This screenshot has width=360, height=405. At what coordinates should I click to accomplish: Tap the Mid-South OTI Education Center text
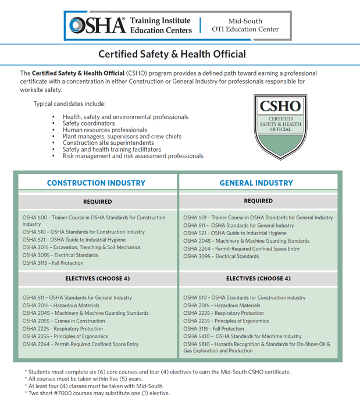tap(245, 25)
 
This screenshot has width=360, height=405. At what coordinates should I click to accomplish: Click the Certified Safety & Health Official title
tap(172, 55)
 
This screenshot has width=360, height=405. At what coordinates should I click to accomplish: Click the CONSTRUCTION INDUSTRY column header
tap(96, 183)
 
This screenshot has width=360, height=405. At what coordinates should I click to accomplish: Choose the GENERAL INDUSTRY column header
tap(256, 183)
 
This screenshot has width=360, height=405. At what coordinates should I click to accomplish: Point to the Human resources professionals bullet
tap(105, 130)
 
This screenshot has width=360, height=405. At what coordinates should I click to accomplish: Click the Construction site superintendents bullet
tap(108, 143)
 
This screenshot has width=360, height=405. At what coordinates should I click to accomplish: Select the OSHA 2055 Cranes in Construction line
tap(64, 321)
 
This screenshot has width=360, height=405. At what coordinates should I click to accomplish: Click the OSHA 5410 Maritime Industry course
tap(242, 336)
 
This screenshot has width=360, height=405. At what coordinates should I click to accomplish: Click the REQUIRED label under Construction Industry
tap(97, 201)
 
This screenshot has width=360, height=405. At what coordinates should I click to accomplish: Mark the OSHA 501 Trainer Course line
tap(258, 218)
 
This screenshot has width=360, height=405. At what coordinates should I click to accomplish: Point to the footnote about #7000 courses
tap(98, 393)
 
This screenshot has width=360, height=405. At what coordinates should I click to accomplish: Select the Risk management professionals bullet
tap(133, 156)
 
